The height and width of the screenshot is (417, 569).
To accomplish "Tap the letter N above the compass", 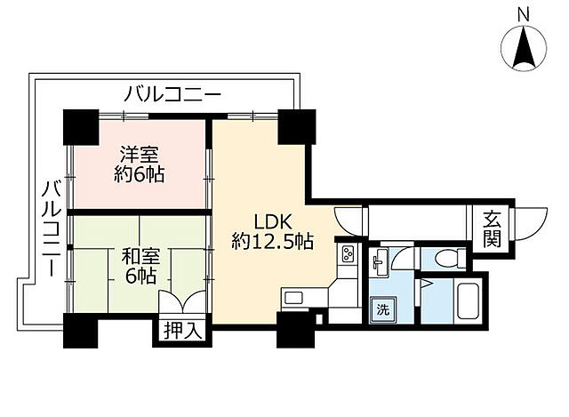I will coord(525,12).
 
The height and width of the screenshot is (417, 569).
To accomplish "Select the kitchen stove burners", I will coord(346,256).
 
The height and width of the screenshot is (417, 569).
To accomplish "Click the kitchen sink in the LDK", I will coord(293,298).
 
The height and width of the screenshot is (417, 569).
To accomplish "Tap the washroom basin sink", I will coord(381,260).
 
